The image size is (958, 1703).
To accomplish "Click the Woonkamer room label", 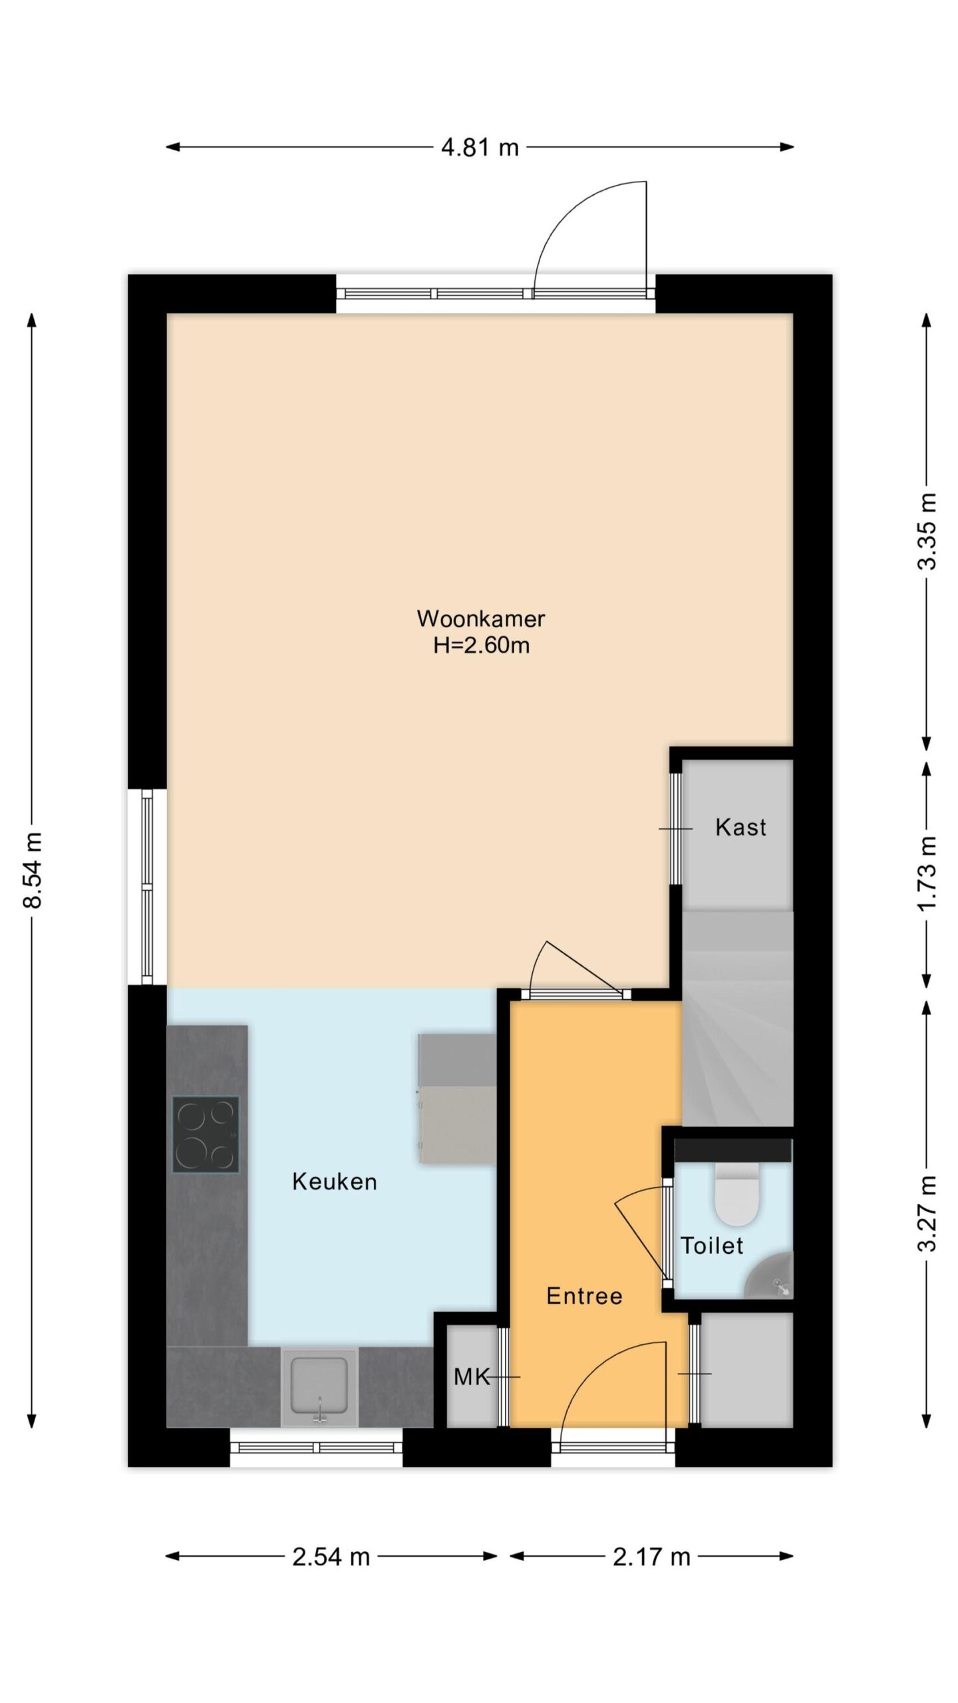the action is tap(480, 618).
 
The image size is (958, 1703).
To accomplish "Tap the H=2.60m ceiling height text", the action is tap(481, 645).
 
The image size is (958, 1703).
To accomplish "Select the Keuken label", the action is tap(335, 1181).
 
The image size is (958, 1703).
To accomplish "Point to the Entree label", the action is tap(584, 1296).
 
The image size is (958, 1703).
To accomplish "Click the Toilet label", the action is tap(711, 1245).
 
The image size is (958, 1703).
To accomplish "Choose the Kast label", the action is tap(740, 827).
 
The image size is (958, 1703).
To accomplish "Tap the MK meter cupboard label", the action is tap(472, 1377).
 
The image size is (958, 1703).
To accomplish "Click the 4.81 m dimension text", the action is tap(480, 147).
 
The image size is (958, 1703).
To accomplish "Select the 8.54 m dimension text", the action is tap(33, 870).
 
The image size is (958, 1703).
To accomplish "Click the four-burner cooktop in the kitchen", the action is tap(206, 1134).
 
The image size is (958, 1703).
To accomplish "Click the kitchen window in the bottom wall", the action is tap(317, 1447).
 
